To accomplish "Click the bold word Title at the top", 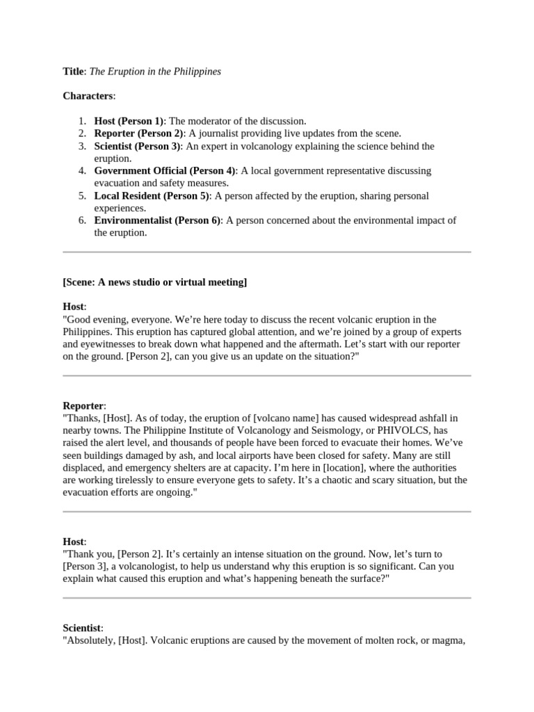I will (x=72, y=72).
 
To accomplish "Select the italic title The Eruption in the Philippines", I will (x=154, y=72).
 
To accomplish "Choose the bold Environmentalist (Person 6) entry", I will (x=158, y=221).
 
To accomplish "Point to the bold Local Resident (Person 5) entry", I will (x=152, y=196).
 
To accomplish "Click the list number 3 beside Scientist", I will (x=81, y=146).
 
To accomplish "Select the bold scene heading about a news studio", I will (x=154, y=282).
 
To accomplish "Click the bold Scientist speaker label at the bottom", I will (x=82, y=628).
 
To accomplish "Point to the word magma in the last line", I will (x=450, y=640).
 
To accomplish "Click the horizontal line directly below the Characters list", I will (x=267, y=252).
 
